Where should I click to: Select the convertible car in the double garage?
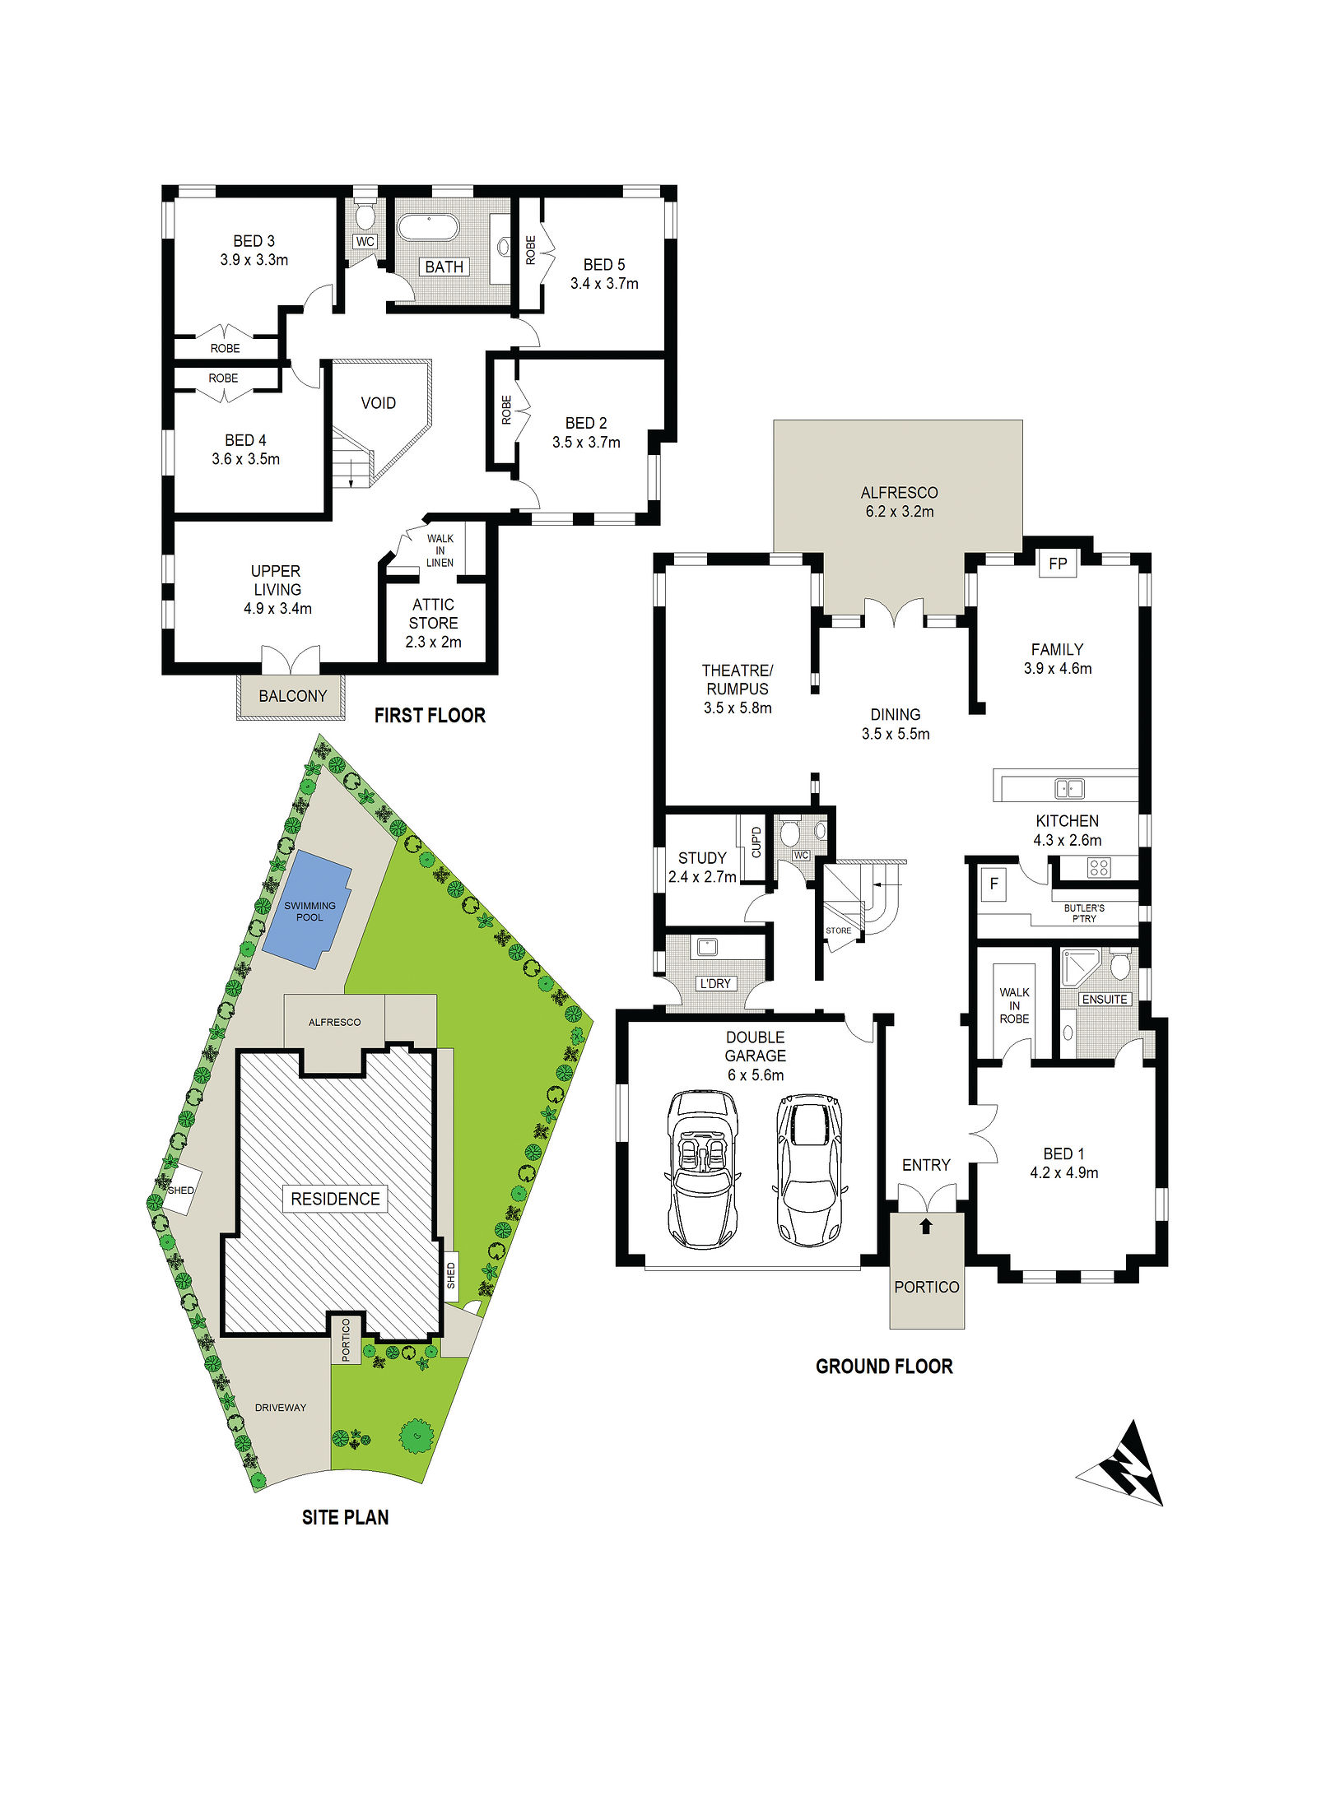tap(702, 1169)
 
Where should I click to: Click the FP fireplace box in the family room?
tap(1058, 564)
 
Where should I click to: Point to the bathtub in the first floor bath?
tap(428, 227)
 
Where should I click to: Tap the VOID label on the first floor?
tap(379, 403)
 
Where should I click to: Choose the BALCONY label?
tap(293, 696)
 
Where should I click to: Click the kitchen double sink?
tap(1069, 788)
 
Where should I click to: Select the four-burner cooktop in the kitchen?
tap(1099, 867)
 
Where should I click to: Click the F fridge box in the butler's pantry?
tap(994, 884)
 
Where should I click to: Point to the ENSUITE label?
tap(1105, 1000)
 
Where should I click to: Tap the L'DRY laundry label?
tap(714, 983)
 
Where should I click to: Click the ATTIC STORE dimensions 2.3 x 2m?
tap(433, 642)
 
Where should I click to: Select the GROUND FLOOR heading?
tap(884, 1367)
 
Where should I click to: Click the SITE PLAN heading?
tap(345, 1518)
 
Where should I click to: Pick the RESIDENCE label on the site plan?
tap(335, 1199)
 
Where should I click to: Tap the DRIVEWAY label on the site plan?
tap(281, 1408)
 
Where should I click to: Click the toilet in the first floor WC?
tap(365, 216)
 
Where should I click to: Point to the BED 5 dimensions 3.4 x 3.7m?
tap(604, 284)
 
